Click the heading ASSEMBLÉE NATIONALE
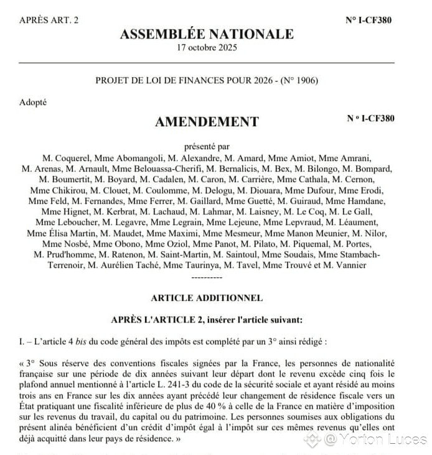pos(207,34)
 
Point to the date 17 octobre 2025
pos(207,48)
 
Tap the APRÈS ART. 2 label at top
pos(49,20)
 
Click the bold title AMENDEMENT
pos(207,122)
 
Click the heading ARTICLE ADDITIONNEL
pos(207,298)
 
